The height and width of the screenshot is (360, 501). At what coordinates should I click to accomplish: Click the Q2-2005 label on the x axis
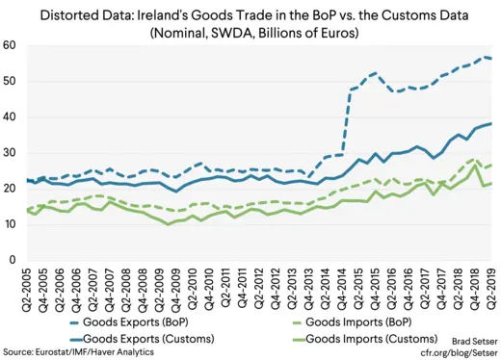pyautogui.click(x=29, y=292)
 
